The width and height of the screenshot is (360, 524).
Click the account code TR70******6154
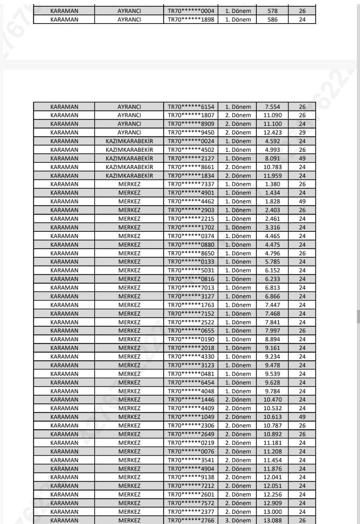click(x=191, y=107)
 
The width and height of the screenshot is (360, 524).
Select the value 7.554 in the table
click(x=272, y=107)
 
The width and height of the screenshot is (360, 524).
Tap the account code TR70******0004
click(x=191, y=11)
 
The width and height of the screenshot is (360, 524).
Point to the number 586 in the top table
click(x=272, y=19)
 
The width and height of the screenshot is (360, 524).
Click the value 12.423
click(x=272, y=133)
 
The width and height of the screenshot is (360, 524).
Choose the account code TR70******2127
click(x=191, y=158)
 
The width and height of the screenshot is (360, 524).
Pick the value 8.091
click(x=272, y=158)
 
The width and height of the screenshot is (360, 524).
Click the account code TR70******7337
click(x=191, y=184)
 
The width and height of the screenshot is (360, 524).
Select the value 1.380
click(x=272, y=184)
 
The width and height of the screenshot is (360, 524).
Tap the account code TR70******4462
click(x=191, y=201)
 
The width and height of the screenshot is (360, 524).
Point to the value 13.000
click(x=272, y=511)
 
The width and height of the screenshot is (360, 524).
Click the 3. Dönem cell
click(x=238, y=520)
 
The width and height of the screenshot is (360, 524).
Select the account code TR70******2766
click(x=191, y=520)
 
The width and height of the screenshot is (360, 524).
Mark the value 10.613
click(x=272, y=417)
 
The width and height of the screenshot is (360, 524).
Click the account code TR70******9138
click(x=191, y=477)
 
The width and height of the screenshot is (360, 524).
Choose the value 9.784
click(x=272, y=391)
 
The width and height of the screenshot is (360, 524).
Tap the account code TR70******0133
click(x=191, y=262)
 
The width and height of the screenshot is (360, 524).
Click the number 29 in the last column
click(x=302, y=133)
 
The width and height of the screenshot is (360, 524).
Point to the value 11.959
click(x=272, y=176)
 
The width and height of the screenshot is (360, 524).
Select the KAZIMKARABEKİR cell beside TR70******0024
click(x=129, y=141)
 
